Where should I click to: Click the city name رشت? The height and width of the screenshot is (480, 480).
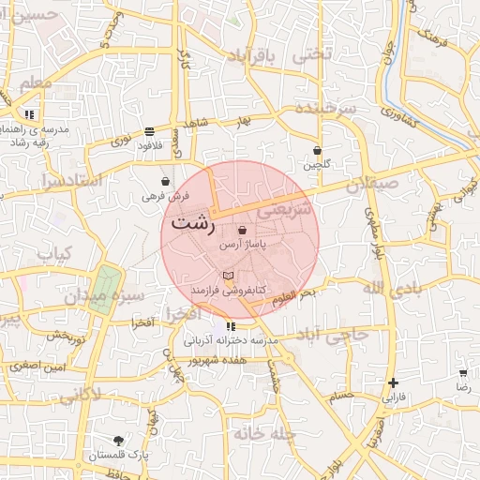pyautogui.click(x=193, y=225)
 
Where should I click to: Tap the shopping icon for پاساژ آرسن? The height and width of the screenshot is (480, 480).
pyautogui.click(x=243, y=230)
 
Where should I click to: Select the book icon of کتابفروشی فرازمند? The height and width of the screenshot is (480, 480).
pyautogui.click(x=228, y=276)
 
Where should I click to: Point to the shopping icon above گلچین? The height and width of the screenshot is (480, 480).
pyautogui.click(x=317, y=150)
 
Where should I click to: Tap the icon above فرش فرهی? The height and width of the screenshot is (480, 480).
pyautogui.click(x=166, y=182)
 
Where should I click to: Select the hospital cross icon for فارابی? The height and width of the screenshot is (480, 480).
pyautogui.click(x=393, y=382)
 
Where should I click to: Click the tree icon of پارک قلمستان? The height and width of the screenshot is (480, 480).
pyautogui.click(x=118, y=441)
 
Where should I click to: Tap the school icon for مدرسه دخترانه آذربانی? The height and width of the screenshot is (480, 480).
pyautogui.click(x=231, y=326)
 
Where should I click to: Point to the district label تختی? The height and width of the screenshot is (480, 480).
pyautogui.click(x=313, y=54)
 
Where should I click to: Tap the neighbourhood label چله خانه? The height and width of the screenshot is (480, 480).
pyautogui.click(x=264, y=434)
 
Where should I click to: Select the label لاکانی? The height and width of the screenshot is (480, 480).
pyautogui.click(x=82, y=397)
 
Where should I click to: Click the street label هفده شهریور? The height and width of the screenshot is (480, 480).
pyautogui.click(x=216, y=359)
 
